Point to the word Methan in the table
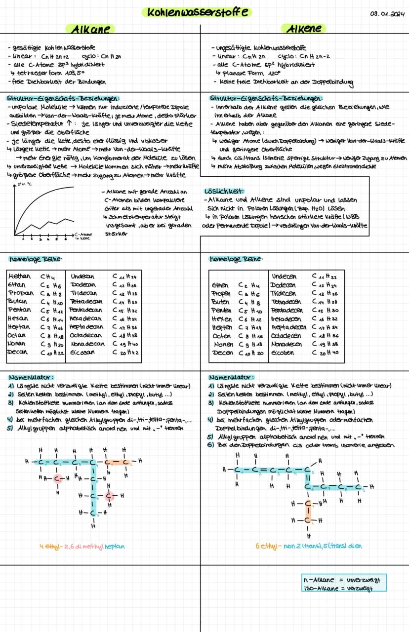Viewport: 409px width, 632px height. tap(19, 276)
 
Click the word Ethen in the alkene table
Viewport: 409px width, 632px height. tap(220, 285)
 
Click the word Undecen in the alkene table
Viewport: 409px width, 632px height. tap(285, 276)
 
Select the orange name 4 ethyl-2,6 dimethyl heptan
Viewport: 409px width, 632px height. tap(82, 547)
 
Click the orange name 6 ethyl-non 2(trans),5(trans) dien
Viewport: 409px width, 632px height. tap(308, 546)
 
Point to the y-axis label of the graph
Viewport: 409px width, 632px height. tap(22, 184)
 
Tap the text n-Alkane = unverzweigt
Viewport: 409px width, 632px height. tap(344, 579)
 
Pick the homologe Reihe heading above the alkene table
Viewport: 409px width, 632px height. tap(236, 259)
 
